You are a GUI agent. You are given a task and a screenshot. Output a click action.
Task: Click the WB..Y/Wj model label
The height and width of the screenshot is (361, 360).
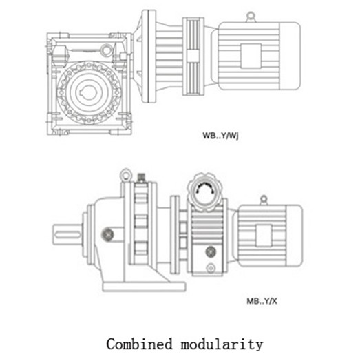tap(220, 136)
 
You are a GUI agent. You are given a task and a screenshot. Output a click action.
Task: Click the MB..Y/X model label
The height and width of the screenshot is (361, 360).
tap(262, 301)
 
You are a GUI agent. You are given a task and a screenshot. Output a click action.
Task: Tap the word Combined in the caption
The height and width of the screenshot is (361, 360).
tap(140, 344)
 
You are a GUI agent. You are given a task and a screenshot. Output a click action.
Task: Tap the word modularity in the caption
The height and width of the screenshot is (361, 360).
tap(222, 345)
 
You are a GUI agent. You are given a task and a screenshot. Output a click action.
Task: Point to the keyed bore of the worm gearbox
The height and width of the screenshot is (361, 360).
tap(88, 92)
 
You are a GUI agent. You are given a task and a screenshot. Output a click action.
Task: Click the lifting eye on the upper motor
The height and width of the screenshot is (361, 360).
tap(251, 17)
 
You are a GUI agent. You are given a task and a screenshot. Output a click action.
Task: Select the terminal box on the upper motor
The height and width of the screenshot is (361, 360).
tap(251, 56)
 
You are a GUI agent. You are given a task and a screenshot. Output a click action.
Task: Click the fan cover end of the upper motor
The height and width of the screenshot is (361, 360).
tap(290, 56)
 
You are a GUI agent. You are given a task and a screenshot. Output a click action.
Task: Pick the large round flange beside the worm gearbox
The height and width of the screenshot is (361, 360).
tap(149, 56)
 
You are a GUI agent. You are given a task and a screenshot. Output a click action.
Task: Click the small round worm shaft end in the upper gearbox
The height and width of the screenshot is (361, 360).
tap(107, 50)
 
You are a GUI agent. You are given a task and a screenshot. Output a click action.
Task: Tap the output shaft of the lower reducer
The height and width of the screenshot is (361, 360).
tap(67, 234)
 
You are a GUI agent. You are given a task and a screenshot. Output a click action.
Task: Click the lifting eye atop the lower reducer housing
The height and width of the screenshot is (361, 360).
tap(125, 175)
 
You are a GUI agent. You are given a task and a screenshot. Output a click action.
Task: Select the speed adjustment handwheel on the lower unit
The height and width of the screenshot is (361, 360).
tap(205, 192)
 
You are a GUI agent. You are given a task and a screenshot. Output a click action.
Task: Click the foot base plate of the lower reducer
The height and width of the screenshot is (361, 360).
tap(144, 287)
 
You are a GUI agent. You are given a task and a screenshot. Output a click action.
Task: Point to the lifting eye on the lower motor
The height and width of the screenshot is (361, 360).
tap(264, 200)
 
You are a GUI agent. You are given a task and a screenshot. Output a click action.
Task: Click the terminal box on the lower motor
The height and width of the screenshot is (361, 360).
tap(264, 236)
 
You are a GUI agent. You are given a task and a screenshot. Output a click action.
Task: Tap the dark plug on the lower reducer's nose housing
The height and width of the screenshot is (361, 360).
tap(107, 234)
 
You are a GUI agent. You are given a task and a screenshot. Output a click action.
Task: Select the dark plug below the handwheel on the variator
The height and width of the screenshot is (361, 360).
tap(211, 251)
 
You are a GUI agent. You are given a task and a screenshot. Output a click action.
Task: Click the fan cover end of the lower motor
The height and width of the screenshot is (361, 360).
tap(294, 236)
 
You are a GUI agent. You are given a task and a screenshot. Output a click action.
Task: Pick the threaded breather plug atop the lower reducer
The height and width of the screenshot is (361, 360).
tap(141, 178)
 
